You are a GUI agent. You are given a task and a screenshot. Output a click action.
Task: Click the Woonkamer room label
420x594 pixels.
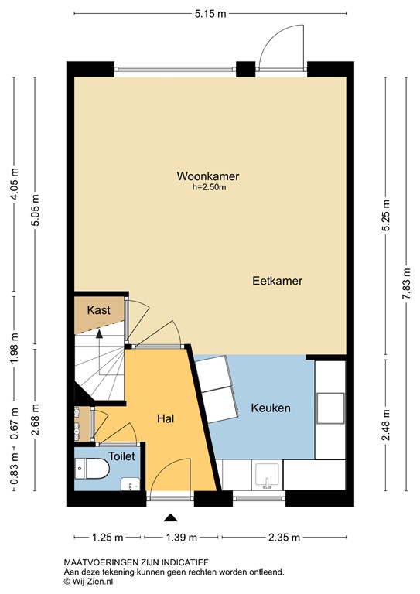coord(207,176)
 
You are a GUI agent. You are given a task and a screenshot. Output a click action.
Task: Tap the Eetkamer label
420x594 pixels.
coord(277,282)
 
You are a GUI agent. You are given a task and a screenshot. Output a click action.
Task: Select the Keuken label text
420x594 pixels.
coord(271,408)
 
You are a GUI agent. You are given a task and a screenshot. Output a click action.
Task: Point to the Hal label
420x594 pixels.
coord(165,418)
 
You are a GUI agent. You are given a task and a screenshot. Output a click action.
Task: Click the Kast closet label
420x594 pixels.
coord(98,310)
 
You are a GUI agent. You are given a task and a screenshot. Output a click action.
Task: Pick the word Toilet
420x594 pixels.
coord(121,456)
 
